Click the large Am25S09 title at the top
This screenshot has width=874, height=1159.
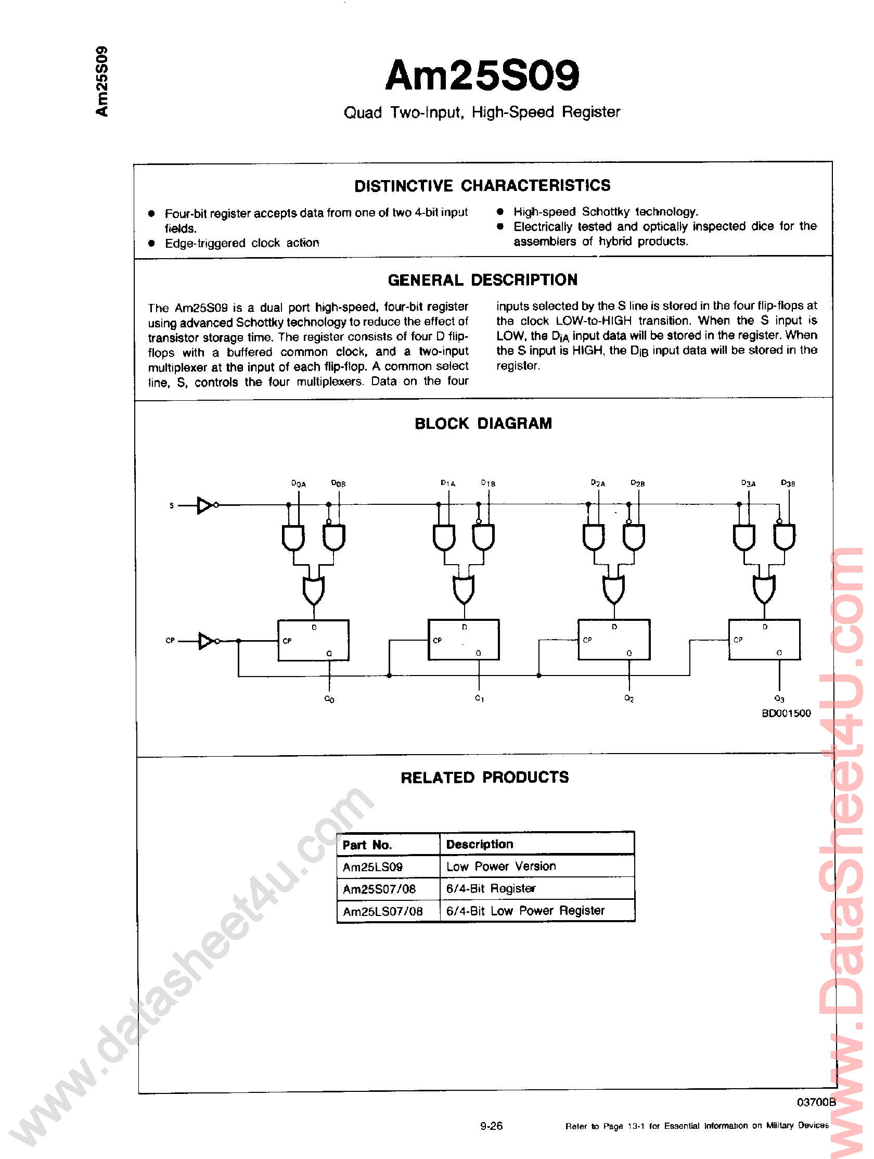[482, 76]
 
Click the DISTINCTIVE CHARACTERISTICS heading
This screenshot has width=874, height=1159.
[482, 185]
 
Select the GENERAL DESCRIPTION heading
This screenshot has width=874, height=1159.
[482, 281]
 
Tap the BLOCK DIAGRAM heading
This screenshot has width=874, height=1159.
[483, 423]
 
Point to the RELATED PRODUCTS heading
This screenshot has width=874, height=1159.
[484, 778]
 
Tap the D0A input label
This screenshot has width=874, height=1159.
[299, 483]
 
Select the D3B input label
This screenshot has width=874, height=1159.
[788, 483]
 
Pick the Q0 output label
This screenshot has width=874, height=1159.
[329, 699]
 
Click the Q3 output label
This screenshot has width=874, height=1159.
[779, 698]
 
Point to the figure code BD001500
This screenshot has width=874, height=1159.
[786, 713]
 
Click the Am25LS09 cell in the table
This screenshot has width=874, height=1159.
[372, 867]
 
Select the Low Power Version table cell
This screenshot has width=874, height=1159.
[500, 867]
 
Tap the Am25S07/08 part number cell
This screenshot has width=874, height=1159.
[379, 889]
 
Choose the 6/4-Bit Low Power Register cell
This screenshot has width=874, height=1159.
[525, 911]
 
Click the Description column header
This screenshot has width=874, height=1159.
[479, 844]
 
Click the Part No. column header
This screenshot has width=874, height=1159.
[367, 845]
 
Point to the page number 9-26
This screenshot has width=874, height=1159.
[491, 1126]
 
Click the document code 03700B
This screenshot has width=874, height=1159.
[816, 1102]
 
